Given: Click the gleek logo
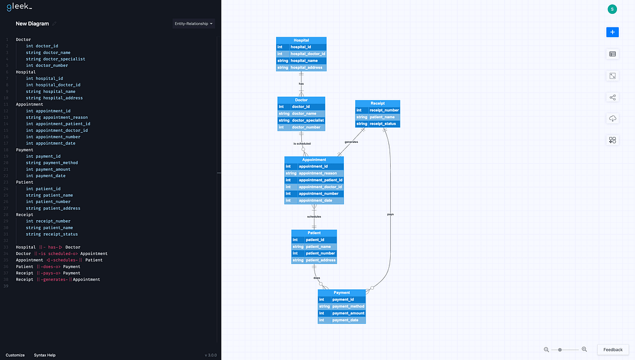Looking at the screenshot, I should click(19, 7).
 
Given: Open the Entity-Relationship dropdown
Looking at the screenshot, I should click(193, 24).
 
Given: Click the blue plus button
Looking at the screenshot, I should click(612, 32).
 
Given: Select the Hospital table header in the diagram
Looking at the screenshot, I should click(301, 40).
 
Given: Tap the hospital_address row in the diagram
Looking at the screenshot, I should click(301, 68).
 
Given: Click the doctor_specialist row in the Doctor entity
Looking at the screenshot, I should click(301, 121).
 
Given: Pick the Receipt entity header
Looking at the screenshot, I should click(378, 103).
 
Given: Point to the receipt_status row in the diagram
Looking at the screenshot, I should click(378, 124).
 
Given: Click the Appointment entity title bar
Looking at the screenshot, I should click(314, 160).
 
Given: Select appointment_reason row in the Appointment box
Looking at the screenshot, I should click(314, 173).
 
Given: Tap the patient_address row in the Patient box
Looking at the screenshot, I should click(314, 260).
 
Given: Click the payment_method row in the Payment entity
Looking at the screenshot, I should click(342, 307).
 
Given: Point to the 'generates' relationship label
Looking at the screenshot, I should click(351, 142).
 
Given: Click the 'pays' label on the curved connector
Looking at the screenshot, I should click(391, 214).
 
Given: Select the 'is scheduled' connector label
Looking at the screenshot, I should click(302, 144).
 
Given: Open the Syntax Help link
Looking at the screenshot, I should click(45, 355).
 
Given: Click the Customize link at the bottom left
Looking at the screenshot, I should click(15, 355).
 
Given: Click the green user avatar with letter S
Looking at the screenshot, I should click(612, 9).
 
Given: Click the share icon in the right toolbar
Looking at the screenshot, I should click(612, 97).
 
